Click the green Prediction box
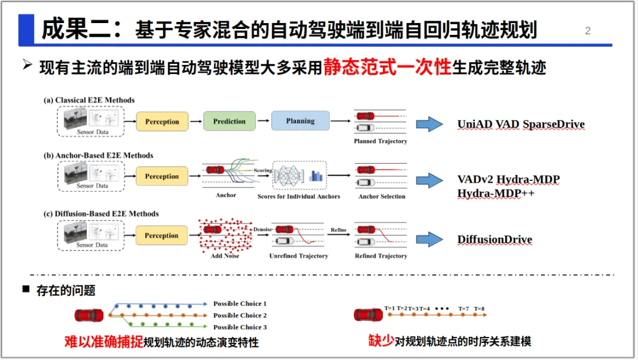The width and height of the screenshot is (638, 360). [x=229, y=121]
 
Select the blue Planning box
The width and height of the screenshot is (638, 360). [x=300, y=121]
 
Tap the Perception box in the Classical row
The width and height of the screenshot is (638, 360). [x=162, y=121]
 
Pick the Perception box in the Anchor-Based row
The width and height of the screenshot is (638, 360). [x=162, y=176]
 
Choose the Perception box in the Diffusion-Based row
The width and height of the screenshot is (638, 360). [x=162, y=235]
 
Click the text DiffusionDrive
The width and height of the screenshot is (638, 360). [x=494, y=239]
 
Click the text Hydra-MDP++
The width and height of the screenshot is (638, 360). [x=495, y=193]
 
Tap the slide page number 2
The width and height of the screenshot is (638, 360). [x=588, y=31]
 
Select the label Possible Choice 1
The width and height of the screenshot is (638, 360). [x=240, y=303]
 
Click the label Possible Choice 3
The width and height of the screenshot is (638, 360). [x=240, y=327]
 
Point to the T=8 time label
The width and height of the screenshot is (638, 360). [x=479, y=309]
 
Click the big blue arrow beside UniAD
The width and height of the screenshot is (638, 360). [x=429, y=124]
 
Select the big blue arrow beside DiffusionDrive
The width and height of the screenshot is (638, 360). [x=429, y=239]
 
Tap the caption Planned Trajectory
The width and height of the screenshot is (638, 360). [x=380, y=141]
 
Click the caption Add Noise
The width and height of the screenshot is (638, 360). [x=224, y=256]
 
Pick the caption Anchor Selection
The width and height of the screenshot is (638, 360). [x=382, y=196]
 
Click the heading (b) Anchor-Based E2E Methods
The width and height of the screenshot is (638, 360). [x=98, y=155]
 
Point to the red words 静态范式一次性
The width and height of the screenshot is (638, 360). [x=387, y=67]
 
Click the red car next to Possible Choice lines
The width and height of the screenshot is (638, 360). [x=89, y=315]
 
